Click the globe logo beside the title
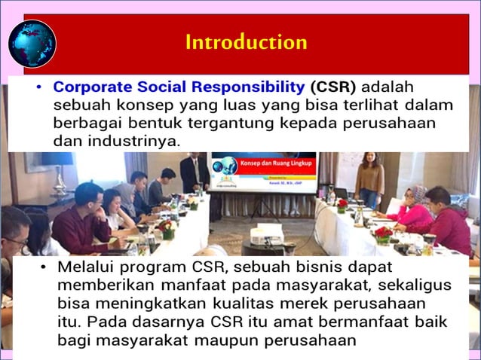[32, 44]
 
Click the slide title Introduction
[246, 41]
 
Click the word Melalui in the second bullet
[87, 268]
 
